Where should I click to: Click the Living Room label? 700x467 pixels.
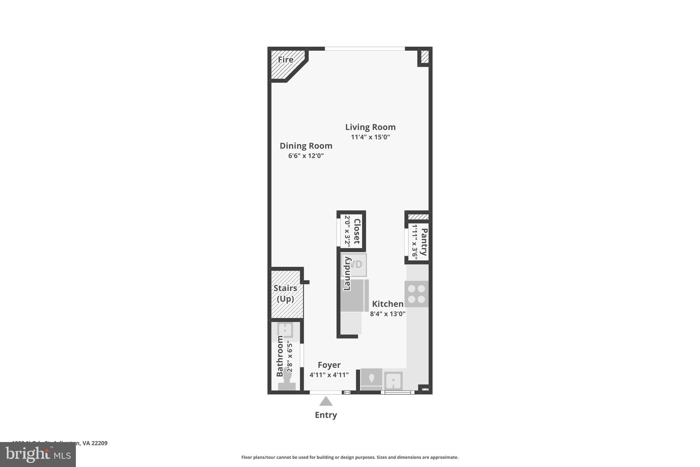click(x=370, y=127)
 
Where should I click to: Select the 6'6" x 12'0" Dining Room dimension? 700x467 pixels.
click(x=306, y=156)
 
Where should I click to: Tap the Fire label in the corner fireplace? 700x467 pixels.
click(x=285, y=60)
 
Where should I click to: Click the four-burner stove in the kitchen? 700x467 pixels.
click(x=416, y=294)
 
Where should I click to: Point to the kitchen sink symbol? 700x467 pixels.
click(x=393, y=380)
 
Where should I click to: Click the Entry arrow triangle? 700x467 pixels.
click(x=326, y=401)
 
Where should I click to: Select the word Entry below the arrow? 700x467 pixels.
click(x=326, y=415)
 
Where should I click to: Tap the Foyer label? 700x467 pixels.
click(x=329, y=365)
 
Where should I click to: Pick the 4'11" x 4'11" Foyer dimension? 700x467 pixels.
click(x=329, y=375)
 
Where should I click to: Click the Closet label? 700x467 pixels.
click(x=356, y=231)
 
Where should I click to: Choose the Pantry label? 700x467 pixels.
click(x=424, y=242)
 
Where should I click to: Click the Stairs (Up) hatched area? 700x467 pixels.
click(x=286, y=294)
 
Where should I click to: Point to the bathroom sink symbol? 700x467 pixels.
click(x=285, y=330)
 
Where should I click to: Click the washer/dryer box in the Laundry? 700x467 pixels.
click(x=354, y=264)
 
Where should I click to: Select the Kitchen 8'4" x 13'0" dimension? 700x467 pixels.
click(x=388, y=314)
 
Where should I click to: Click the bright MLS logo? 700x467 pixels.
click(x=38, y=455)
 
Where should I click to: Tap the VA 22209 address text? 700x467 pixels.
click(x=95, y=443)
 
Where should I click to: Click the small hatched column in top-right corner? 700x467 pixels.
click(x=425, y=56)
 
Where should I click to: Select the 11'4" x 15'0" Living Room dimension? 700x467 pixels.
click(x=370, y=137)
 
